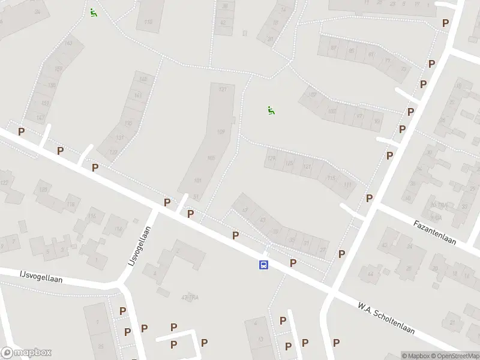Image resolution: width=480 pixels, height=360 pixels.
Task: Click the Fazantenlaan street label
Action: [435, 233]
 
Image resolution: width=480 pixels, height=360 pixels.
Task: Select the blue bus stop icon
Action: [263, 265]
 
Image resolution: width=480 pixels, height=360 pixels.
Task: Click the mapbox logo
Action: [26, 353]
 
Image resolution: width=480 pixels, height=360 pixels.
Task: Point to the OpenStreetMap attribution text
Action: [455, 356]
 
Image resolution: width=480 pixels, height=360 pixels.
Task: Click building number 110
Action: [148, 22]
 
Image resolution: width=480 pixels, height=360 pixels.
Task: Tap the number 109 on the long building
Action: [220, 132]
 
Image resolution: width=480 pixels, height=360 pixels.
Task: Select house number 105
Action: [211, 158]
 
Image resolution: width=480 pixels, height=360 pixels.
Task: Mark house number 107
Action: [312, 95]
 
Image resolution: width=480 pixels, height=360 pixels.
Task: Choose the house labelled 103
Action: [332, 111]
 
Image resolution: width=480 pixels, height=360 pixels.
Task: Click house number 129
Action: [271, 158]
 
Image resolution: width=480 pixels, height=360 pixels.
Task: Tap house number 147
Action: [40, 118]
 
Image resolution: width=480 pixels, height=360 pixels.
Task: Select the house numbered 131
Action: [119, 138]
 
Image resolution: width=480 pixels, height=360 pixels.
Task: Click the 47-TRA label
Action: [190, 298]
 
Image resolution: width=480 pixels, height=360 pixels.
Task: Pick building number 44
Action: [370, 274]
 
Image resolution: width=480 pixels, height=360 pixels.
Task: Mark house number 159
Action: [58, 69]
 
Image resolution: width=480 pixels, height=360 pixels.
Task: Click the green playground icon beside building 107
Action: [271, 110]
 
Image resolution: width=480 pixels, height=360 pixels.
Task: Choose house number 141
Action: [138, 95]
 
